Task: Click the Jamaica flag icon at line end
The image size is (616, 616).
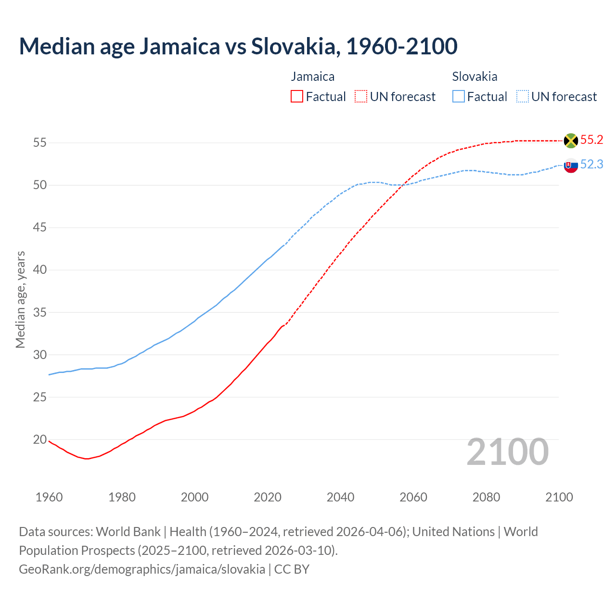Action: tap(571, 141)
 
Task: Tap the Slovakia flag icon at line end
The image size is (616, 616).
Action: tap(571, 165)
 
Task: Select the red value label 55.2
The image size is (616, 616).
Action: tap(591, 140)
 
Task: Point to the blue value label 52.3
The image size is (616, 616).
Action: tap(591, 165)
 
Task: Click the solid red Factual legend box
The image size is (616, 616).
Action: tap(297, 97)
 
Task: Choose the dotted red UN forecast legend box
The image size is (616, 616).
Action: tap(361, 97)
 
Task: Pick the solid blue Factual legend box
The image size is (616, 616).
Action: tap(459, 97)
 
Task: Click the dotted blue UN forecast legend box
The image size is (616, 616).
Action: tap(522, 97)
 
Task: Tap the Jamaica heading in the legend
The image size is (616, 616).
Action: tap(312, 77)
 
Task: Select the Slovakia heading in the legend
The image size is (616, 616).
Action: tap(475, 77)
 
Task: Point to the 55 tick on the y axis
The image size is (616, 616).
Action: tap(39, 142)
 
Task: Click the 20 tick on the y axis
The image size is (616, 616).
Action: tap(39, 439)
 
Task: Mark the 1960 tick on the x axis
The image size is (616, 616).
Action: tap(49, 497)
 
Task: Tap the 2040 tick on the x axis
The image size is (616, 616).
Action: tap(341, 497)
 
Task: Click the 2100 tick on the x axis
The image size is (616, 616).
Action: tap(559, 497)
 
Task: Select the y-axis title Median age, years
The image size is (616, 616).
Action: tap(20, 299)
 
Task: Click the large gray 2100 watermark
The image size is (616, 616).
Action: tap(507, 451)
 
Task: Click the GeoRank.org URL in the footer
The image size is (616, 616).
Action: tap(142, 569)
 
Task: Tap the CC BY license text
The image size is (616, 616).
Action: tap(292, 569)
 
